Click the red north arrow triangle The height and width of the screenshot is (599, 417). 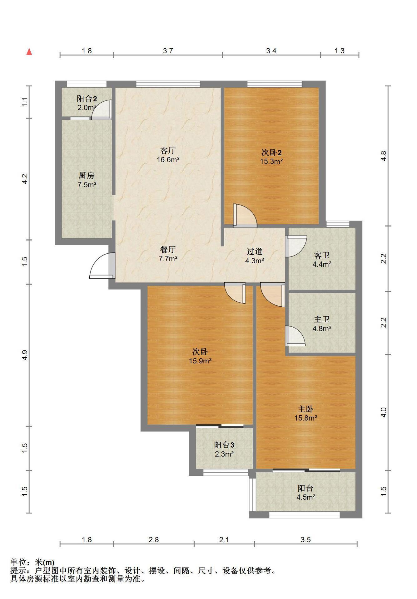click(x=29, y=52)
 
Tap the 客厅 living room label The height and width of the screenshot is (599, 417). click(x=168, y=150)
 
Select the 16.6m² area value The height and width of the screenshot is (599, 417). click(x=168, y=160)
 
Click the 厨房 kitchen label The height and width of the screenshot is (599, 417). click(x=87, y=175)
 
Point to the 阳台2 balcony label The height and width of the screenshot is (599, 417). click(x=87, y=99)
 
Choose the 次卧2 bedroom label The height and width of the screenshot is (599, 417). click(x=271, y=153)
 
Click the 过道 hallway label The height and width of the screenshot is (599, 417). click(x=254, y=251)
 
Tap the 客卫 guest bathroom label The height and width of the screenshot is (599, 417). click(x=322, y=255)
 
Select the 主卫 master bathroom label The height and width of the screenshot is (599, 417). click(x=322, y=319)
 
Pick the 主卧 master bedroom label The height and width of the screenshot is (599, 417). click(x=305, y=409)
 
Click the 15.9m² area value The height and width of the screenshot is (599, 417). click(x=200, y=361)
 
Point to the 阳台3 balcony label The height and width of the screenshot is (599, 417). click(x=224, y=445)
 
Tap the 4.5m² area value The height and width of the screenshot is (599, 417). click(x=306, y=497)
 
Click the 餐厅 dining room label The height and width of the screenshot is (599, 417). click(x=168, y=249)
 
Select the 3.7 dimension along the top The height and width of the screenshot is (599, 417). click(x=168, y=51)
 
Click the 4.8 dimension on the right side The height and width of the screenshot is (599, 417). click(x=384, y=156)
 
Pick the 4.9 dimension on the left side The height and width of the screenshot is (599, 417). click(x=25, y=355)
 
